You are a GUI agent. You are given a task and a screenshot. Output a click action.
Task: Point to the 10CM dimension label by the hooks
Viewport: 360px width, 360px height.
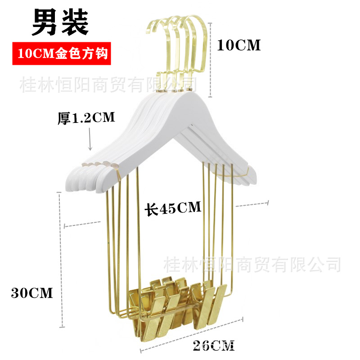pos(238,45)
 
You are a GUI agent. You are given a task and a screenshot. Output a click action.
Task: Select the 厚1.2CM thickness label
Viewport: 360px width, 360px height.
pos(86,118)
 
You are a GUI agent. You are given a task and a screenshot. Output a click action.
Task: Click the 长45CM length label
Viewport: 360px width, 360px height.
pos(172,208)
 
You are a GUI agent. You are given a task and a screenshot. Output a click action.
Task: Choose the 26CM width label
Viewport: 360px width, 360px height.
pos(213,346)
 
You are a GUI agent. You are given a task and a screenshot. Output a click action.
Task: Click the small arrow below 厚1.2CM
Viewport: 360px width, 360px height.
pos(90,139)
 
